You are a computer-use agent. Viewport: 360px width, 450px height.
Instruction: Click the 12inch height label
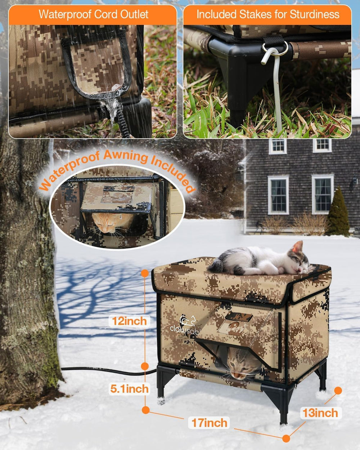click(129, 321)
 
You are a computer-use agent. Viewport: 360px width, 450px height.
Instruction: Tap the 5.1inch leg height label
click(129, 389)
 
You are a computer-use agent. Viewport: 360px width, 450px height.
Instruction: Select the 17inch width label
click(209, 423)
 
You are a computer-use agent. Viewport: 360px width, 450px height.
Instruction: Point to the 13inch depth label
click(320, 413)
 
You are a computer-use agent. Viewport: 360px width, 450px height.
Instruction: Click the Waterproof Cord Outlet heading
click(93, 14)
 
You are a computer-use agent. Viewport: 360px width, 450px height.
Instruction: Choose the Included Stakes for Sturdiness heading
click(267, 14)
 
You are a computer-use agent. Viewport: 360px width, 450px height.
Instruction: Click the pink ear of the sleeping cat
click(297, 247)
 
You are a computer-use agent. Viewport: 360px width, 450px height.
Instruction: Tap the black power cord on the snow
click(108, 370)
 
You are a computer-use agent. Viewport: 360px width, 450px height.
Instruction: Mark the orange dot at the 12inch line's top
click(145, 273)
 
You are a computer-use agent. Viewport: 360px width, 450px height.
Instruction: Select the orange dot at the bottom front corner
click(286, 438)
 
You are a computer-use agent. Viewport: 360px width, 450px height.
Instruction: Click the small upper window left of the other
click(277, 145)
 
